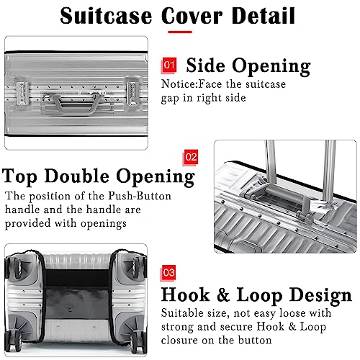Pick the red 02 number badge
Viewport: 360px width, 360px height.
[192, 156]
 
